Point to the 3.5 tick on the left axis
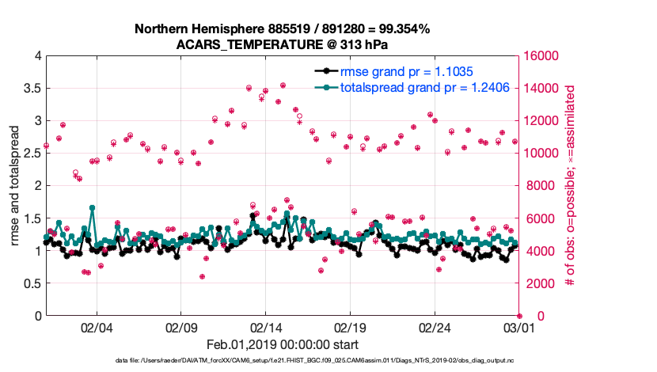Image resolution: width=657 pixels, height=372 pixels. coord(32,88)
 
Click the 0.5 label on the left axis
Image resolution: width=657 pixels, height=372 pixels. coord(32,283)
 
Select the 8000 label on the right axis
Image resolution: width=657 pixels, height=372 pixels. coord(538,185)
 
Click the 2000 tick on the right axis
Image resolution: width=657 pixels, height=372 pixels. coord(538,283)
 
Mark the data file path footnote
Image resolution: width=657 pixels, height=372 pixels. coord(316,360)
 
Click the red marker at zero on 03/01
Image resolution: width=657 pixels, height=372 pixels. coord(519,316)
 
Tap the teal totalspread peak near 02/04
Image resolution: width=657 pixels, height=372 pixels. coord(93,207)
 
